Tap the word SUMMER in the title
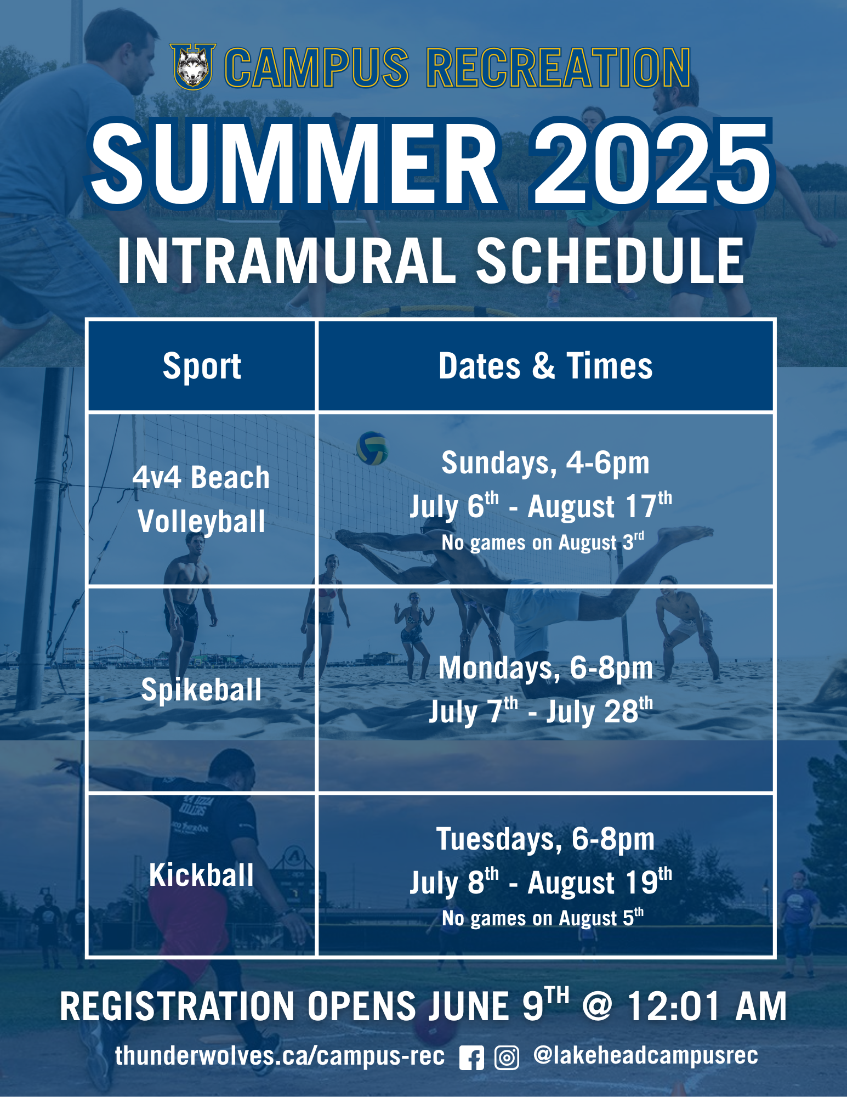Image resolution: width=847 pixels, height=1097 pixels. (295, 163)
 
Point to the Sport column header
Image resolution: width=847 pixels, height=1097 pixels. (202, 366)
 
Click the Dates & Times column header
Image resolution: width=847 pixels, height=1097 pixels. (545, 366)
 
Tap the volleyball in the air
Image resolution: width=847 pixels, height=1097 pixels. (372, 448)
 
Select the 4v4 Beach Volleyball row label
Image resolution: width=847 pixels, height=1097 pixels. (201, 499)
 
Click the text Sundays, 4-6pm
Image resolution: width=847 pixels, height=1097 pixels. (545, 463)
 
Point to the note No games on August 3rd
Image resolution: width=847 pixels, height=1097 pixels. (543, 542)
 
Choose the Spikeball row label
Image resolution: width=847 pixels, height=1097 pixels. (201, 689)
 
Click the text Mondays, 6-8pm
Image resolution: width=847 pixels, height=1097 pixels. (545, 668)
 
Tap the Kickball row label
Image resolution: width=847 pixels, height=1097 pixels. (202, 874)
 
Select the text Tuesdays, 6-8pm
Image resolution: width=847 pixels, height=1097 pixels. (545, 839)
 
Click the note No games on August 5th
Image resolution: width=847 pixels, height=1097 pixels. (543, 918)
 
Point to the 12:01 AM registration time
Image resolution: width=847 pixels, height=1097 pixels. (707, 1006)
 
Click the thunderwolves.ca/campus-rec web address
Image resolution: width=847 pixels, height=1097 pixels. (280, 1056)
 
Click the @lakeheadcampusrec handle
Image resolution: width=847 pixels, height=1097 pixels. (646, 1055)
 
